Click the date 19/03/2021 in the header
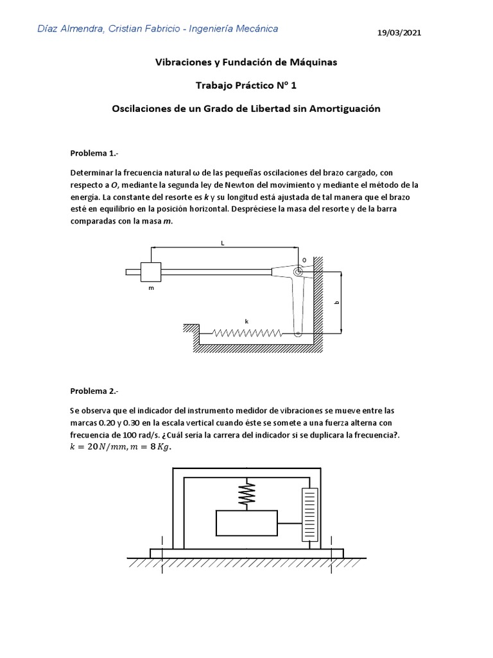click(x=400, y=32)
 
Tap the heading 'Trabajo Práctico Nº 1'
click(x=246, y=85)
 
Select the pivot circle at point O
click(x=298, y=272)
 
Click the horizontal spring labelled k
click(x=247, y=333)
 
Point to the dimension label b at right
click(x=337, y=302)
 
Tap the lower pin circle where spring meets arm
click(x=298, y=333)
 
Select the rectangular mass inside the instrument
click(x=246, y=522)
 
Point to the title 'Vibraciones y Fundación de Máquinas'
click(x=246, y=62)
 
